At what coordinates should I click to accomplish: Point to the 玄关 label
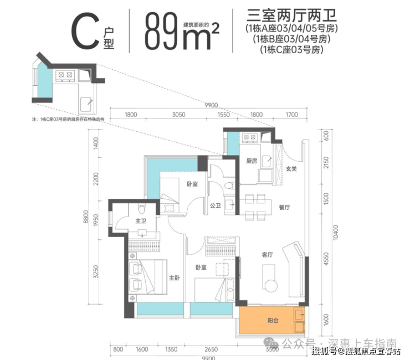click(291, 168)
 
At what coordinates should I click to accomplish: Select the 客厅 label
click(268, 255)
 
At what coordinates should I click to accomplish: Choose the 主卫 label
click(141, 222)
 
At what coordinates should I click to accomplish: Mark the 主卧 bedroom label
click(174, 278)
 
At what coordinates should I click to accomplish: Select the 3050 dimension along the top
click(178, 115)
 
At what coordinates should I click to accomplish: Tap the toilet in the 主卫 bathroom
click(141, 209)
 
